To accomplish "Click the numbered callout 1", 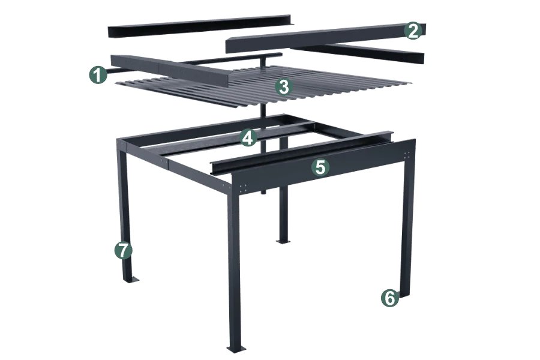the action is click(x=98, y=75).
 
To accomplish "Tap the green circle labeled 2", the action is click(x=413, y=31).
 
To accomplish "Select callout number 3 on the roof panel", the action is click(x=284, y=87).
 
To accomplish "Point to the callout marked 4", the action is click(x=248, y=138).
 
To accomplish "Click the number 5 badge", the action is click(x=320, y=167).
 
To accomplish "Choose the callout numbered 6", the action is click(x=390, y=298).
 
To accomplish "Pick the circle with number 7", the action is click(x=123, y=250).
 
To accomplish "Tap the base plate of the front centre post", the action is click(x=236, y=349).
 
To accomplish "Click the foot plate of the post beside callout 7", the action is click(x=130, y=280).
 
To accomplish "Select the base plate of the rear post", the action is click(x=283, y=241).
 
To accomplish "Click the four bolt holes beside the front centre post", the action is click(x=243, y=188).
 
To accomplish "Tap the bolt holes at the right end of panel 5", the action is click(x=407, y=155).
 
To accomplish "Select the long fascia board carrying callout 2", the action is click(x=325, y=38).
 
